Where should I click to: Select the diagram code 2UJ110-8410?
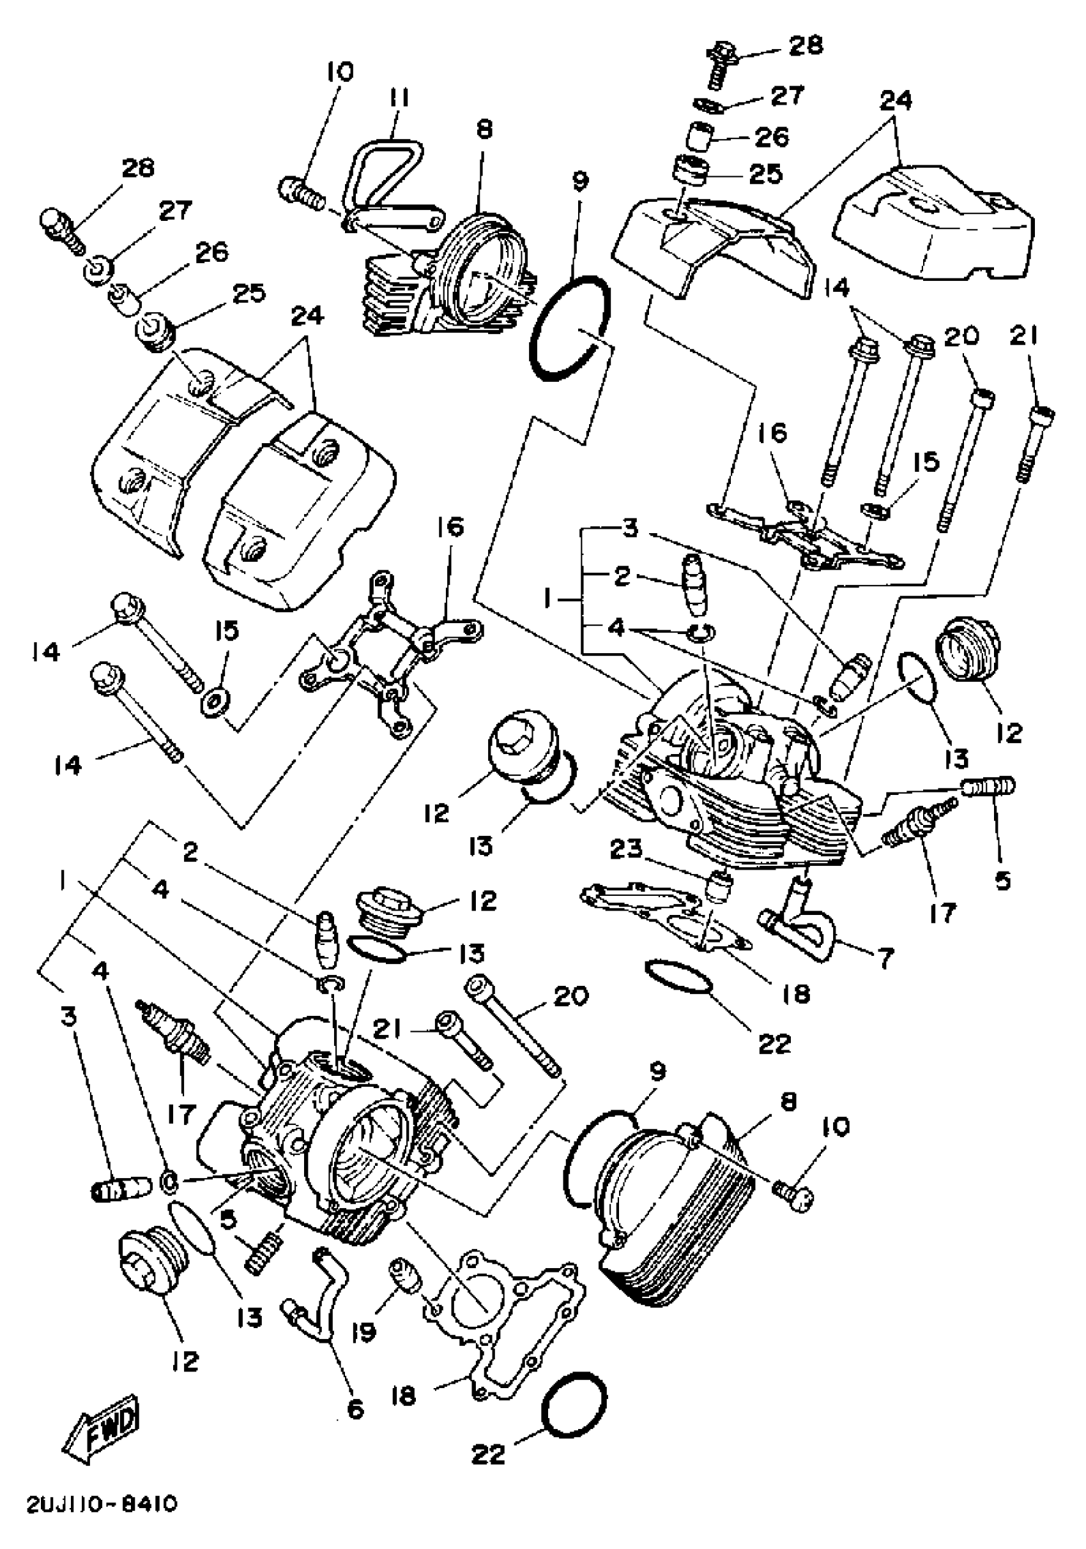[103, 1518]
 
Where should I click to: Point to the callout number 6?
[355, 1408]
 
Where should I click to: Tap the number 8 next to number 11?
[485, 130]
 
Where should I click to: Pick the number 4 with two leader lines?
[616, 629]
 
